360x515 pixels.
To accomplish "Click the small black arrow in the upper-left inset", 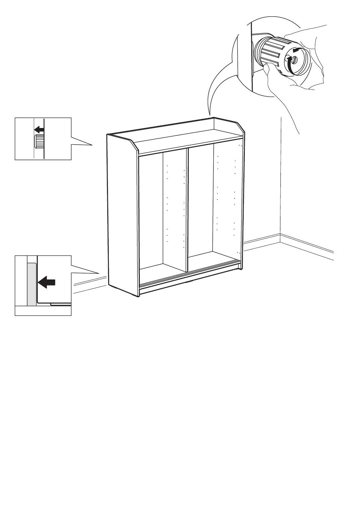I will pos(39,130).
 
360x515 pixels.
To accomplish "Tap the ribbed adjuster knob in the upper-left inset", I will pos(39,142).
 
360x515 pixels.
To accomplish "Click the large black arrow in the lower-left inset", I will pos(47,282).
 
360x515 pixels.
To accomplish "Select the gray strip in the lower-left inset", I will pos(31,282).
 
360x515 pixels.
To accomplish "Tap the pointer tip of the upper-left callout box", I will pos(92,145).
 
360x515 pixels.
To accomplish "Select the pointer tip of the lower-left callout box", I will pos(99,273).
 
